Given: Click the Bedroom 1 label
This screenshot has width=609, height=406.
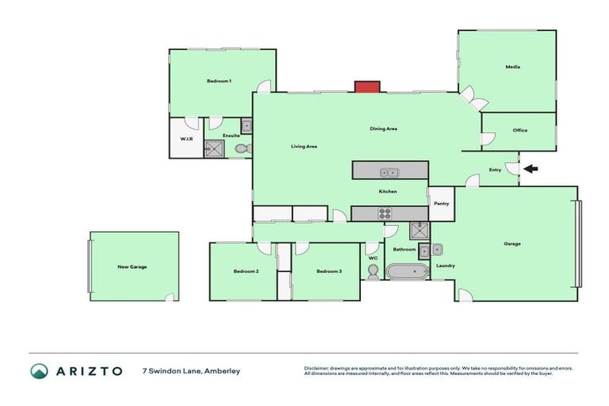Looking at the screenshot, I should click(x=219, y=82).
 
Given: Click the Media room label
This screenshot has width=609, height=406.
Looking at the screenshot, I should click(x=512, y=67).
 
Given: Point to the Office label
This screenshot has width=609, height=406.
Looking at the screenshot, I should click(x=519, y=130).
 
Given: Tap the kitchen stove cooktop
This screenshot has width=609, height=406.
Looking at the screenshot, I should click(x=385, y=213).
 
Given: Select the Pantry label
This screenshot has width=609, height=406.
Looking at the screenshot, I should click(x=442, y=204).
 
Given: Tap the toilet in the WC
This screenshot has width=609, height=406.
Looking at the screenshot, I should click(x=373, y=271).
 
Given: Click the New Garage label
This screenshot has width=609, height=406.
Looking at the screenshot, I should click(x=132, y=266).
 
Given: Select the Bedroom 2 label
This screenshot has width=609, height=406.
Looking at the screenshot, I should click(x=246, y=271).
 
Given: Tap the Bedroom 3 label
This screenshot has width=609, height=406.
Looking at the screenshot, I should click(x=328, y=271).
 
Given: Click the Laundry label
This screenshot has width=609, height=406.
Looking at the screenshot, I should click(x=445, y=266).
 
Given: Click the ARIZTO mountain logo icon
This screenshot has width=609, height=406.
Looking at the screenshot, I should click(x=39, y=371).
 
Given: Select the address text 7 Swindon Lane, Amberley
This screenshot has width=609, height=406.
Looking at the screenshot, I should click(x=190, y=371).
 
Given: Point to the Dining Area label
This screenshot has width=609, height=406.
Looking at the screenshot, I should click(x=383, y=129).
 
